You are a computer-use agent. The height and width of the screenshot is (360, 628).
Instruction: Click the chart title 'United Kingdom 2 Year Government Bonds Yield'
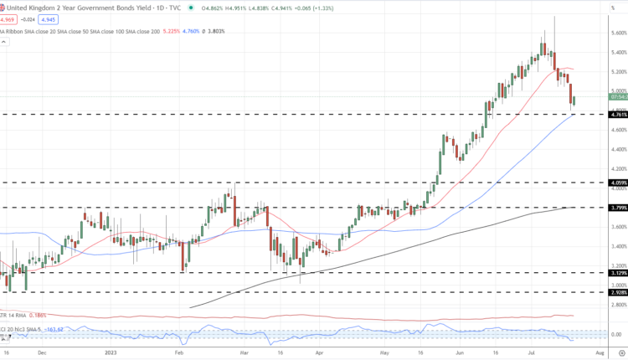point(80,8)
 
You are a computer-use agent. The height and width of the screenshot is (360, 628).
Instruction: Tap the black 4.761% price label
point(618,115)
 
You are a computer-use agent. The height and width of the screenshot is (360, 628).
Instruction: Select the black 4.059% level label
point(618,183)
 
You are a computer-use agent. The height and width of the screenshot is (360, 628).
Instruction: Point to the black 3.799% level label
point(618,208)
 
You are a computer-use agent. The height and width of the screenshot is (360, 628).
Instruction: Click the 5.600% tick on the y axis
point(618,33)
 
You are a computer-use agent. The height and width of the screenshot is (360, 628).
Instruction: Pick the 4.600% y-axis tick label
point(618,130)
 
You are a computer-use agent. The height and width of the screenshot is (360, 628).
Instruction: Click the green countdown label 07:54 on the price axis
point(618,97)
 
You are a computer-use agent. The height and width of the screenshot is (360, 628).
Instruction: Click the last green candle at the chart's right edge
point(574,101)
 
